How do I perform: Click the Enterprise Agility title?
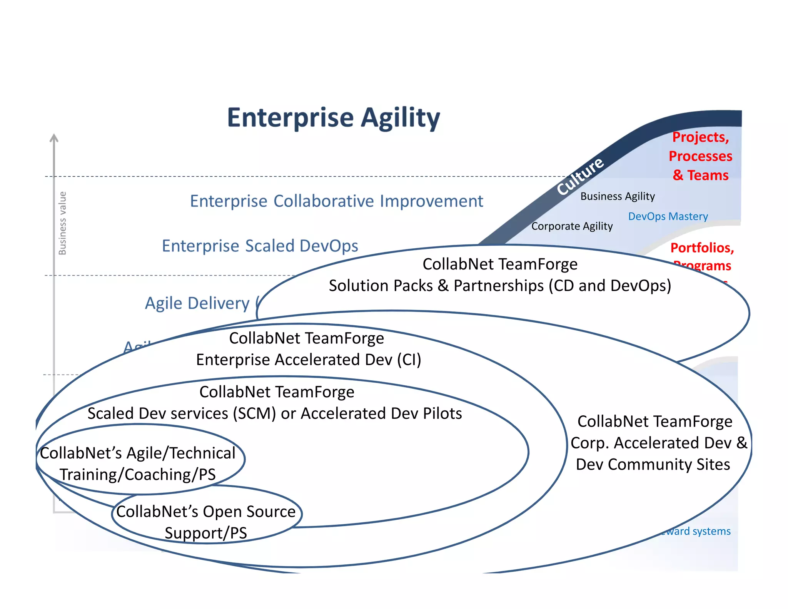(x=333, y=118)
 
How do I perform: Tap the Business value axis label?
(x=62, y=223)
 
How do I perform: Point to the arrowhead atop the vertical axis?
(x=54, y=138)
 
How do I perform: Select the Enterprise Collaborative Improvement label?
(x=336, y=201)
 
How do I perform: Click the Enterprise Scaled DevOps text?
(x=260, y=246)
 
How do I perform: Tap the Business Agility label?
(x=617, y=196)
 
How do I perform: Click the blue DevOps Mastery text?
(x=668, y=216)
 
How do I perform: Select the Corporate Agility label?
(x=572, y=226)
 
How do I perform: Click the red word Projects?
(x=700, y=137)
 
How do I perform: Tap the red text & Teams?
(x=700, y=175)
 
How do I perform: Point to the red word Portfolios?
(x=702, y=248)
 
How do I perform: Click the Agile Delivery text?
(x=197, y=303)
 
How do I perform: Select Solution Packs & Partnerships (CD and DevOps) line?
(x=499, y=286)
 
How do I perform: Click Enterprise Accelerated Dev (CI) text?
(x=309, y=360)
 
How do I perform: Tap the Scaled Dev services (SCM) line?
(x=274, y=413)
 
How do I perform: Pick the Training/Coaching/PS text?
(x=137, y=474)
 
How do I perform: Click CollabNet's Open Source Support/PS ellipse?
(x=206, y=522)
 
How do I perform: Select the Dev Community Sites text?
(x=653, y=464)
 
